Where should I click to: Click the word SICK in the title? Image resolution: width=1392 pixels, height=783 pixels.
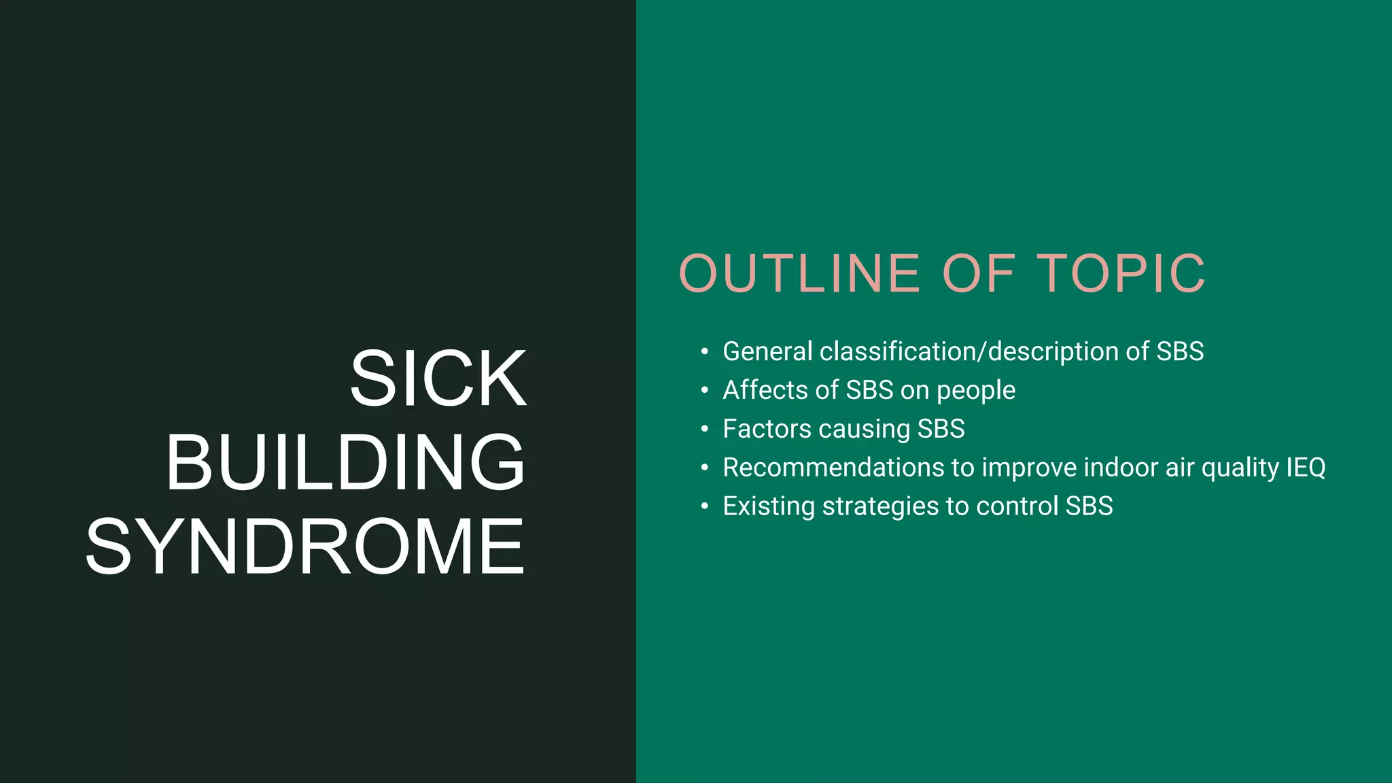(x=438, y=379)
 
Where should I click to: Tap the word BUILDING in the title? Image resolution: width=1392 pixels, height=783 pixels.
(x=345, y=463)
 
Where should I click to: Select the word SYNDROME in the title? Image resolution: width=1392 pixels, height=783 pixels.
(x=305, y=547)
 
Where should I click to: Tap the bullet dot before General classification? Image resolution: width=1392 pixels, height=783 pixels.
(x=705, y=352)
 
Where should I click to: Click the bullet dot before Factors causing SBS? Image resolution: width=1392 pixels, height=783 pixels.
(x=705, y=430)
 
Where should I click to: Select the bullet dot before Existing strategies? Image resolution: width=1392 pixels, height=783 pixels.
(x=705, y=507)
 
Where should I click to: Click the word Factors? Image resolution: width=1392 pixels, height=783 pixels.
(x=767, y=429)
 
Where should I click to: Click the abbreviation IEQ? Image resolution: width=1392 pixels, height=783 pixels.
(x=1305, y=468)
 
